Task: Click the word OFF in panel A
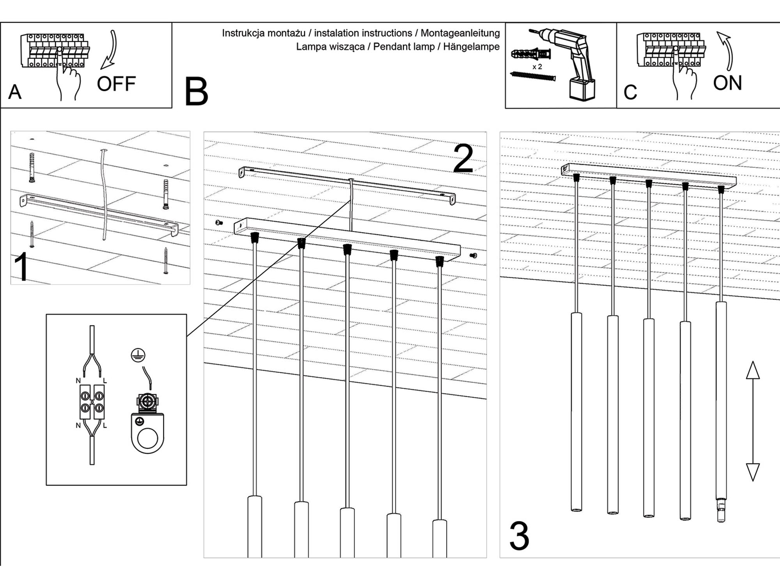tap(116, 84)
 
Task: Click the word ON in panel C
tap(727, 83)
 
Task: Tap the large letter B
tap(196, 92)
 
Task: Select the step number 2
tap(463, 159)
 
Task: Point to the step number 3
tap(519, 536)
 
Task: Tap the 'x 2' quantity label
tap(537, 67)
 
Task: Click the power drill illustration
tap(573, 62)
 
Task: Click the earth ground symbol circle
tap(138, 355)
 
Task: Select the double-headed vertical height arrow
tap(753, 421)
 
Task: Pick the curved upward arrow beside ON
tap(726, 51)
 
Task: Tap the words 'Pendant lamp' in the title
tap(404, 47)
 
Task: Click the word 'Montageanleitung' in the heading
tap(460, 33)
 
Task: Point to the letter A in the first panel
tap(15, 92)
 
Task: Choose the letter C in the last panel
tap(630, 92)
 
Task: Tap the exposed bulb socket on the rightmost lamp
tap(721, 511)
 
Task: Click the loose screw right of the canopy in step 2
tap(473, 256)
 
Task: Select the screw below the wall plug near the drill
tap(532, 76)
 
